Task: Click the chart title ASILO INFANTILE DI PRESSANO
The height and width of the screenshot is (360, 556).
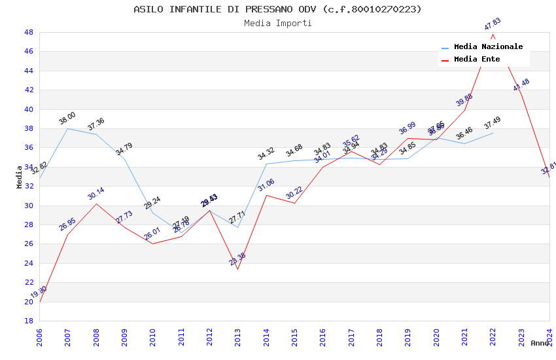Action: tap(277, 9)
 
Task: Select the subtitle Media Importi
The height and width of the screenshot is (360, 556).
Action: tap(277, 24)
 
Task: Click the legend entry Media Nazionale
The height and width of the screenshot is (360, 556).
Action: tap(488, 47)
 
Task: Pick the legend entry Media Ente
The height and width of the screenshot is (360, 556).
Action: tap(477, 60)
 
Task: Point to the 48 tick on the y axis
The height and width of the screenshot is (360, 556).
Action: tap(28, 32)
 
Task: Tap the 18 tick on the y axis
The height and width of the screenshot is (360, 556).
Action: tap(28, 321)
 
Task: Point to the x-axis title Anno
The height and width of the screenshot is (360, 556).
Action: tap(540, 343)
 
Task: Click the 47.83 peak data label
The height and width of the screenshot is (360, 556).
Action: tap(493, 25)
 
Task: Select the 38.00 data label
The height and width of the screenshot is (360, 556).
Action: tap(67, 119)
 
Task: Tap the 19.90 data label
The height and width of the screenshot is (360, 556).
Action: tap(39, 292)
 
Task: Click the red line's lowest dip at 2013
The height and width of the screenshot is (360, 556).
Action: tap(237, 270)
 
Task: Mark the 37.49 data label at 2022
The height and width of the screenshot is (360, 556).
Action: tap(493, 124)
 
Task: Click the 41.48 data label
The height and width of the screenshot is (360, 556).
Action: tap(521, 85)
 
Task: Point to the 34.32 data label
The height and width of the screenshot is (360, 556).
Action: tap(266, 154)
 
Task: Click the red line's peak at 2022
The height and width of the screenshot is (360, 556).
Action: tap(493, 34)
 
